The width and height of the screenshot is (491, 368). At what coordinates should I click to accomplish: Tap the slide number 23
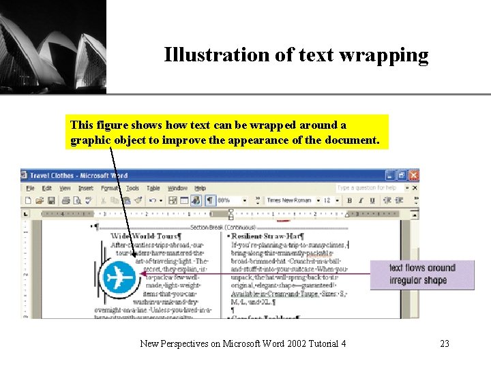point(445,343)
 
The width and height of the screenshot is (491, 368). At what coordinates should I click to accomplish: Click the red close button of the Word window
point(414,176)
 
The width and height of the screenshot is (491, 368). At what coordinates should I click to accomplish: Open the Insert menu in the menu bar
point(86,188)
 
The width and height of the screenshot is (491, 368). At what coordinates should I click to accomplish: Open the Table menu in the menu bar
point(153,188)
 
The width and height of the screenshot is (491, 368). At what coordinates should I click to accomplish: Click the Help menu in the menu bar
point(200,188)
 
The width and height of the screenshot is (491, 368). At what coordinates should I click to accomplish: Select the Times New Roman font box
point(289,200)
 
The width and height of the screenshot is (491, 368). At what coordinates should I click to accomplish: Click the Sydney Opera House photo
point(53,46)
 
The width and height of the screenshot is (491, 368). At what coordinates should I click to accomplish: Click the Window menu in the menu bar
point(177,188)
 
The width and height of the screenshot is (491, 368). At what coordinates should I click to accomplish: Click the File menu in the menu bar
point(30,188)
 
